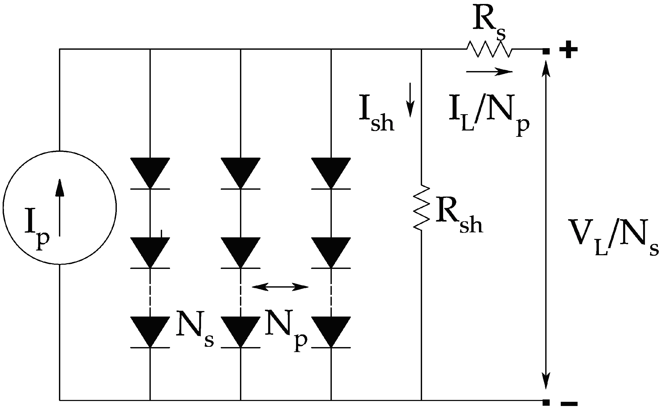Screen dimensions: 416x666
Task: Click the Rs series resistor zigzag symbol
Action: pyautogui.click(x=489, y=49)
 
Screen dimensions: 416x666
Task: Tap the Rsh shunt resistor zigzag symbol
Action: pyautogui.click(x=422, y=208)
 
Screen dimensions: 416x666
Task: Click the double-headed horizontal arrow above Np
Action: pyautogui.click(x=280, y=287)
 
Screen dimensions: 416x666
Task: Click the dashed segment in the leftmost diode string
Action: pyautogui.click(x=150, y=292)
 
